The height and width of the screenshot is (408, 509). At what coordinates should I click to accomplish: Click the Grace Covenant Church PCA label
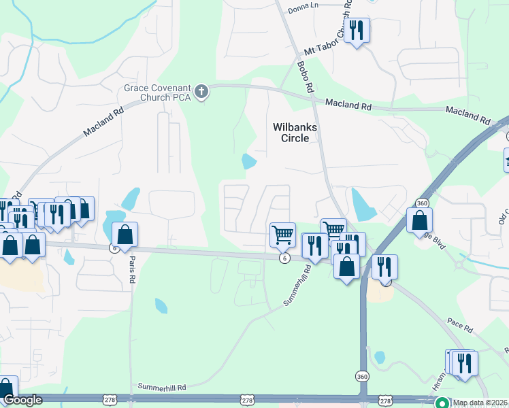[158, 92]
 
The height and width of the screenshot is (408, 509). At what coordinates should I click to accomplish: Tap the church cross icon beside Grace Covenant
[201, 92]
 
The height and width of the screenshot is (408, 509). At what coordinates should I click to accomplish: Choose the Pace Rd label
[460, 328]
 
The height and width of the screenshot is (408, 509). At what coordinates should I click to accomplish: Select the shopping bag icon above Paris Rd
[125, 235]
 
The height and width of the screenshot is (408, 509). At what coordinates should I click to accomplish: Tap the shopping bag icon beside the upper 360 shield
[420, 220]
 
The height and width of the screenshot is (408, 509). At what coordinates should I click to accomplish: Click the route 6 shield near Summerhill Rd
[284, 258]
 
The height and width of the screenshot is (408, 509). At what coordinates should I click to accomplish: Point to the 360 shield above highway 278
[361, 376]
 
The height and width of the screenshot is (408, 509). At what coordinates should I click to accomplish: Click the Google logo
[22, 401]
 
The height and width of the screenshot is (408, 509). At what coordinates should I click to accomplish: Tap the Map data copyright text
[480, 403]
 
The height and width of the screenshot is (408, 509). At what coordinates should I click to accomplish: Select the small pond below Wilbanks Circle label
[249, 162]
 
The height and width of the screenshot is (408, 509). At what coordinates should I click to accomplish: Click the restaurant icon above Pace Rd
[384, 267]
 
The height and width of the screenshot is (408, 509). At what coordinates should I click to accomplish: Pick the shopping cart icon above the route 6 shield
[282, 235]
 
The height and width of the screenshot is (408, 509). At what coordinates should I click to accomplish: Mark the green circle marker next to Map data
[442, 402]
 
